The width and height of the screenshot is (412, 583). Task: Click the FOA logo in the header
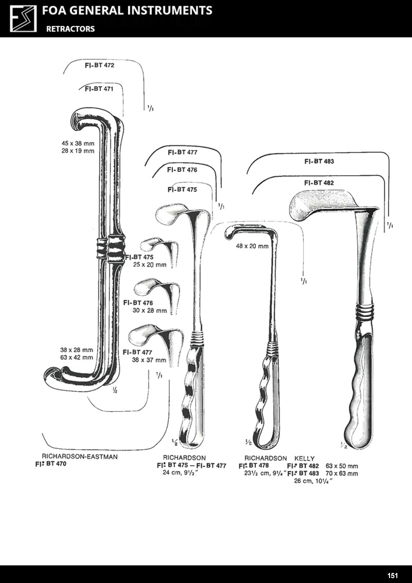click(23, 19)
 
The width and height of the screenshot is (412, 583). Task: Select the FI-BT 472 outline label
click(100, 65)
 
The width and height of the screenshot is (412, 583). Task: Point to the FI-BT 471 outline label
click(99, 89)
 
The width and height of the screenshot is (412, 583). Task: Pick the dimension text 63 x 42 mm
click(77, 358)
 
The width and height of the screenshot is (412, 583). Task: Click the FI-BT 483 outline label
click(319, 161)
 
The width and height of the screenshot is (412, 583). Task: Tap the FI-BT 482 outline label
click(319, 183)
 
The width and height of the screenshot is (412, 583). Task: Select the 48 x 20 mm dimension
click(252, 246)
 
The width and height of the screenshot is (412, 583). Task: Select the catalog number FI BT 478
click(254, 466)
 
